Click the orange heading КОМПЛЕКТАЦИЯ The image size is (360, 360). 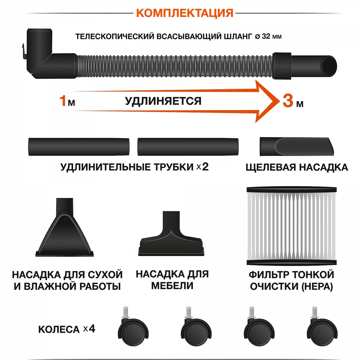point(185,13)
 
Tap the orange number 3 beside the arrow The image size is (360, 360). point(287,100)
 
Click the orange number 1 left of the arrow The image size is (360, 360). point(63,101)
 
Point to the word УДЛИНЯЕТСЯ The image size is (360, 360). point(163,101)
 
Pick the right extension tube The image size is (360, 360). point(188,147)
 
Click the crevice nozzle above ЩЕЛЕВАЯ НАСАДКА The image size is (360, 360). point(298,146)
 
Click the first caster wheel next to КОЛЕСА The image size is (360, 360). point(133,328)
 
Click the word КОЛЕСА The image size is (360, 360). point(58,329)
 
